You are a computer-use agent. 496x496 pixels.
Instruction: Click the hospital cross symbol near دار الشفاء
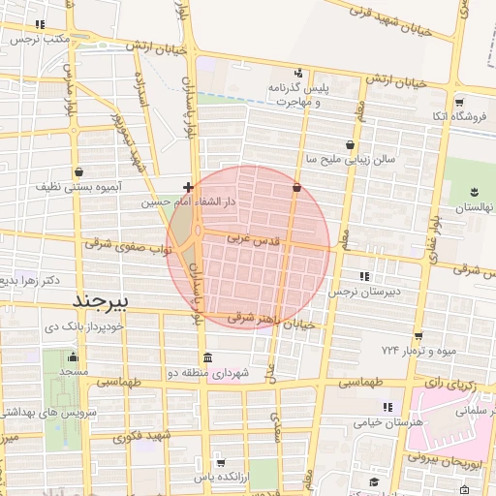[x=188, y=185]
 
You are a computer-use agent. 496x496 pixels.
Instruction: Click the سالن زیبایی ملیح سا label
[x=343, y=157]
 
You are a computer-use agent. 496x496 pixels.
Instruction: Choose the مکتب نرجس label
[x=40, y=39]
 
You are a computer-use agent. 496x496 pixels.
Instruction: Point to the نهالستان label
[x=475, y=208]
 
